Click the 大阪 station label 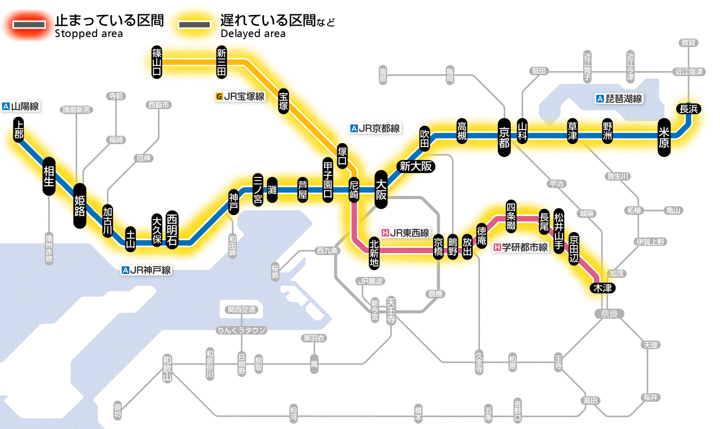pyautogui.click(x=381, y=189)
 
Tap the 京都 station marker pyautogui.click(x=504, y=136)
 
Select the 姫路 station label pyautogui.click(x=80, y=206)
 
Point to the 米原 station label pyautogui.click(x=664, y=136)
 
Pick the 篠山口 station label pyautogui.click(x=157, y=62)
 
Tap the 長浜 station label pyautogui.click(x=688, y=109)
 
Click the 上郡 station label pyautogui.click(x=19, y=130)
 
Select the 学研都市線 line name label pyautogui.click(x=521, y=247)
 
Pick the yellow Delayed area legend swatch pyautogui.click(x=194, y=24)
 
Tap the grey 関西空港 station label pyautogui.click(x=242, y=310)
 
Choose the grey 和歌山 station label pyautogui.click(x=167, y=368)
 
